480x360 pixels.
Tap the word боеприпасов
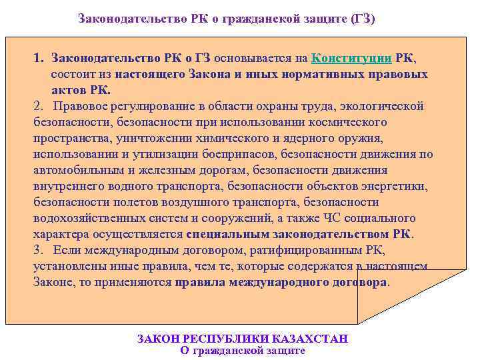point(236,154)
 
